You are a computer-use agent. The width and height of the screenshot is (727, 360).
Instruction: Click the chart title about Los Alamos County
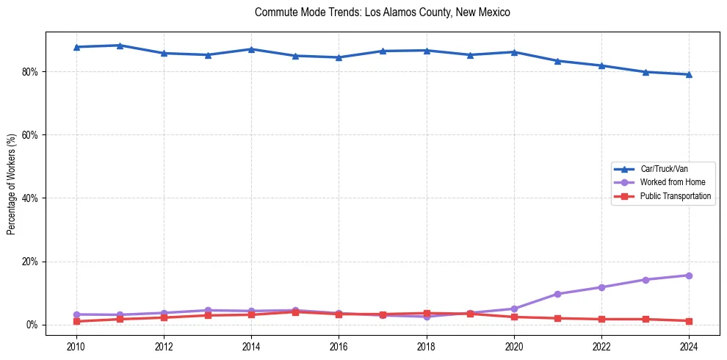point(382,12)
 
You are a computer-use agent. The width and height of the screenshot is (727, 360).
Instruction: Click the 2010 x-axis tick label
point(76,346)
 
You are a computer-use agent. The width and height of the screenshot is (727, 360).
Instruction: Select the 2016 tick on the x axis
point(339,346)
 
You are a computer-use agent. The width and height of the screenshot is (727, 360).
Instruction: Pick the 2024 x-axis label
point(689,346)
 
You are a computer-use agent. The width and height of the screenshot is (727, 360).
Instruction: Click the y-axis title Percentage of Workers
point(12,184)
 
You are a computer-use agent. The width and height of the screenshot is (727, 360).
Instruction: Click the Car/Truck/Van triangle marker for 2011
point(120,46)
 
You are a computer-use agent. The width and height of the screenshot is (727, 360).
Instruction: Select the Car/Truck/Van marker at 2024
point(689,74)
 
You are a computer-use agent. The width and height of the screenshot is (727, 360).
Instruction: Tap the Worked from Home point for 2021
point(557,294)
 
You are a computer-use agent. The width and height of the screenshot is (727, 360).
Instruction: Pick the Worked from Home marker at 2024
point(689,276)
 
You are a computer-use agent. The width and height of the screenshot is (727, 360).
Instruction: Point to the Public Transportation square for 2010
point(76,321)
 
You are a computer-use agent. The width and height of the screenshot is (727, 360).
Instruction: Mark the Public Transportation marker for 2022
point(601,319)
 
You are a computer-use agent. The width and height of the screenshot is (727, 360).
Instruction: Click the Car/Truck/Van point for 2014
point(251,49)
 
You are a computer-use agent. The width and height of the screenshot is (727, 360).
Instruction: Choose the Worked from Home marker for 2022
point(601,287)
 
